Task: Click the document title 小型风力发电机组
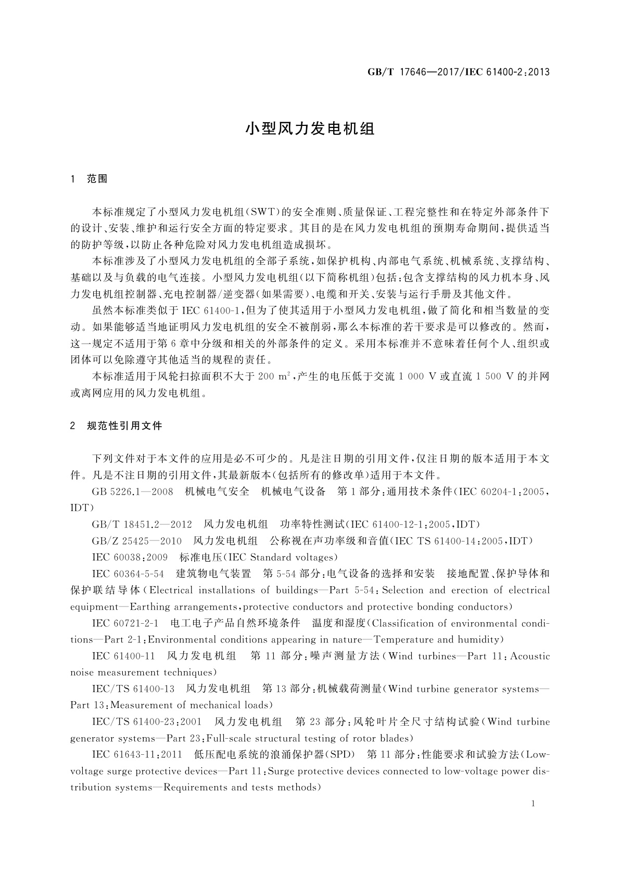coord(310,129)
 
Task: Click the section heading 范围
coord(97,179)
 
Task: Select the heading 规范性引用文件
coord(125,426)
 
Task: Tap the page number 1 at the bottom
coord(533,804)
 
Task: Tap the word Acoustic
coord(530,656)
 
